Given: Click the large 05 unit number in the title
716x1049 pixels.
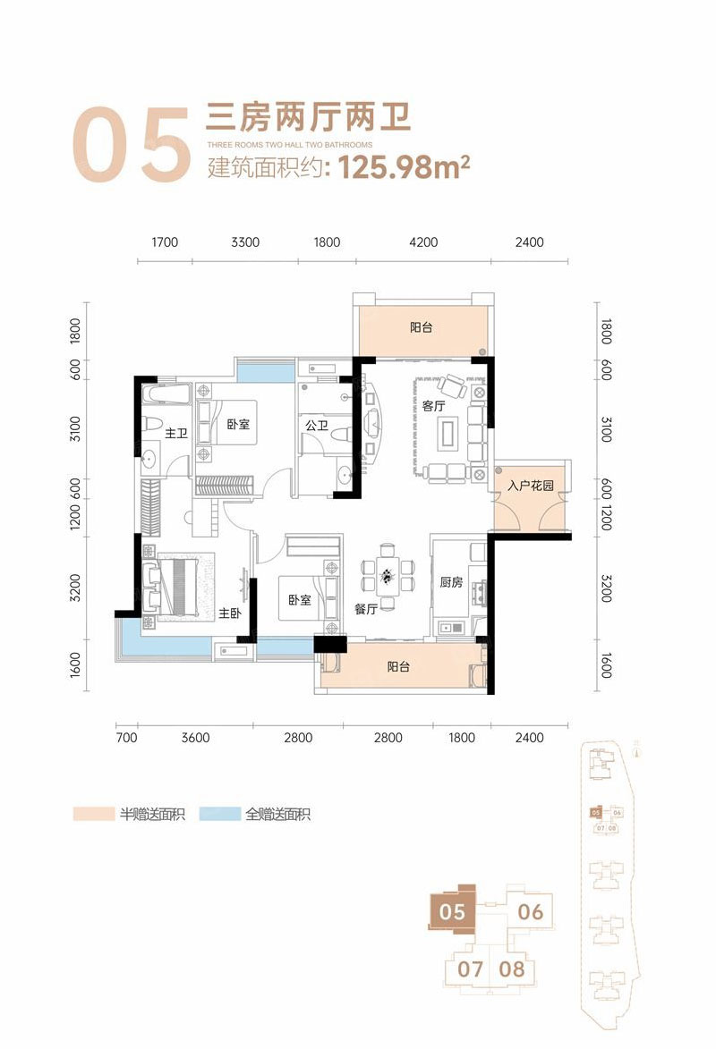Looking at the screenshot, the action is (132, 144).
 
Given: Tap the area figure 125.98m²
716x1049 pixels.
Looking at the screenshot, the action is (404, 166).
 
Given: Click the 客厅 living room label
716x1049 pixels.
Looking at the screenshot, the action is (433, 406).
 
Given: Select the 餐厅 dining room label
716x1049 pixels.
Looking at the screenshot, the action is (366, 609).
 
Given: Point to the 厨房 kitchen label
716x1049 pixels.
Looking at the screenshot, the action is (451, 582).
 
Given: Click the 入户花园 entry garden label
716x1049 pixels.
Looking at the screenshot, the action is (531, 486).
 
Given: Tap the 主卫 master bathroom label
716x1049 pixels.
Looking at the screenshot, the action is (176, 434).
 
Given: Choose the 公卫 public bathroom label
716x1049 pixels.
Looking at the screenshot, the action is (316, 425).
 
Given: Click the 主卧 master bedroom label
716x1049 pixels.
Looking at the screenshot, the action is (229, 613).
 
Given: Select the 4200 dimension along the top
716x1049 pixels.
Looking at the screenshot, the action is (423, 242).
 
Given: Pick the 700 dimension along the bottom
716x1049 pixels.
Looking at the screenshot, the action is (126, 737).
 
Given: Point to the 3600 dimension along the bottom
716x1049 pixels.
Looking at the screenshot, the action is (196, 737).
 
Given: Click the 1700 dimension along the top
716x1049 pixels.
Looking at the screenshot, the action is (164, 242).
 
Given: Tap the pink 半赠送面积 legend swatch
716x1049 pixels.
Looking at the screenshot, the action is (94, 814).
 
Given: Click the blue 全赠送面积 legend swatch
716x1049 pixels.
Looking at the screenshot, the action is (219, 814).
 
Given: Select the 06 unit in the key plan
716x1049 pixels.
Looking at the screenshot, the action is (531, 911).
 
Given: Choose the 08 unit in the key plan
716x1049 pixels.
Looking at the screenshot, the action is (512, 969).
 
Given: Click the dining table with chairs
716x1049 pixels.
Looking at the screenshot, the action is (387, 575).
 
